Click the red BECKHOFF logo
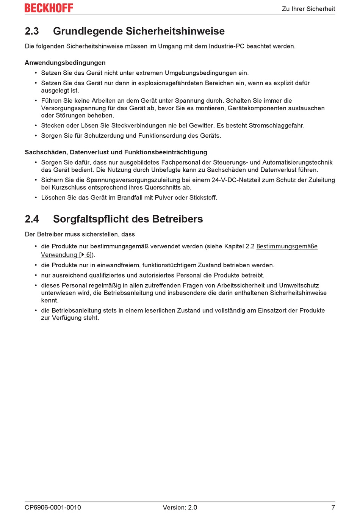(49, 8)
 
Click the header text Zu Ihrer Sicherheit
(308, 9)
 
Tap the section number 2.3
(32, 31)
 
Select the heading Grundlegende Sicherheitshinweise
(139, 31)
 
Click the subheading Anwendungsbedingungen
(65, 63)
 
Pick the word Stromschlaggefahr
(277, 125)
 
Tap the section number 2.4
(32, 219)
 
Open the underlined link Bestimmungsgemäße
(287, 246)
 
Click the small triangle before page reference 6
(83, 255)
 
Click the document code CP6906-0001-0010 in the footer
(53, 507)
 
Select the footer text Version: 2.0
(180, 507)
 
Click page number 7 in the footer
(333, 507)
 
